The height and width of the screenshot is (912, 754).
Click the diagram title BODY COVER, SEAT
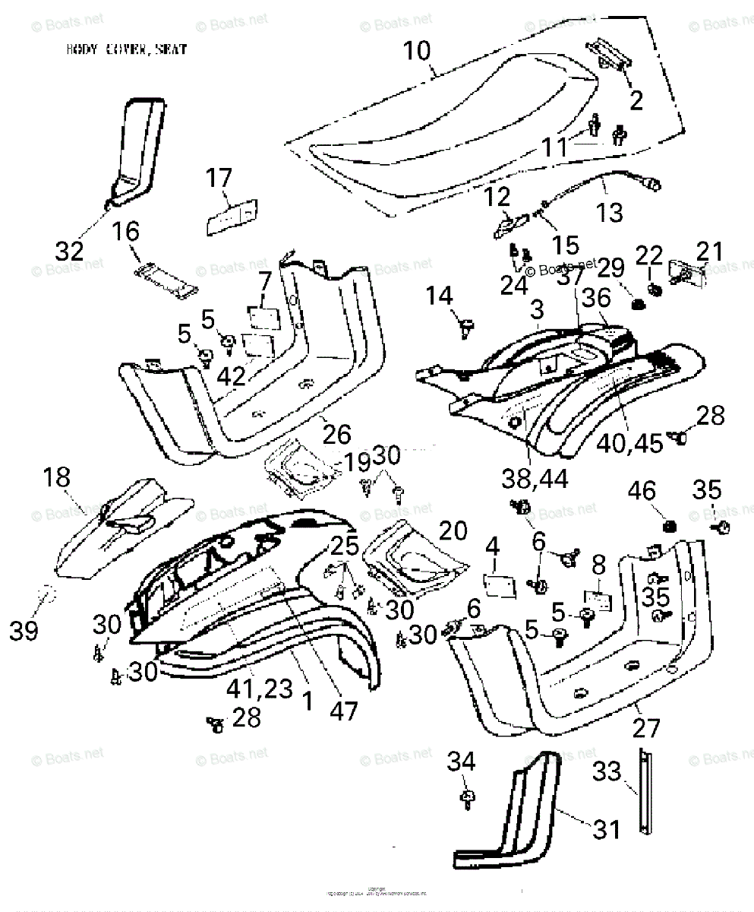click(x=126, y=51)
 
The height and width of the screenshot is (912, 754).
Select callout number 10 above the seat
click(x=416, y=52)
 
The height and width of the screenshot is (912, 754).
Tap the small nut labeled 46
click(x=670, y=526)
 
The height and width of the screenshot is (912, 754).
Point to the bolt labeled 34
click(x=467, y=796)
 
